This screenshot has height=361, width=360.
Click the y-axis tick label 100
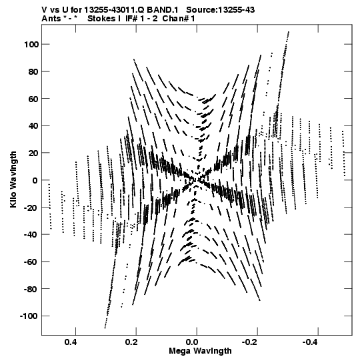(31, 44)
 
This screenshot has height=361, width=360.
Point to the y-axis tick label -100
(29, 316)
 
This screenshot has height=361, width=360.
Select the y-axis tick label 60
(33, 99)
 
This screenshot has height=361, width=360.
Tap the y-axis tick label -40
(31, 234)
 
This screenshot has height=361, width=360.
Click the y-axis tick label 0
(35, 180)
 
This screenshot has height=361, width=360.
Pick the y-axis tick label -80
(31, 289)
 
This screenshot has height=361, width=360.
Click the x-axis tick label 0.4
(71, 342)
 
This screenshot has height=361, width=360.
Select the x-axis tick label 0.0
(192, 342)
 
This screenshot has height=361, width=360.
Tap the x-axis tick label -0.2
(251, 342)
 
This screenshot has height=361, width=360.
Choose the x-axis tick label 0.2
(131, 342)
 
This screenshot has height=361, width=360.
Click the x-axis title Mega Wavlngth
(200, 351)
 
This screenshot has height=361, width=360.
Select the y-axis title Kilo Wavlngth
(13, 179)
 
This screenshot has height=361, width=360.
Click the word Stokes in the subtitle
(101, 19)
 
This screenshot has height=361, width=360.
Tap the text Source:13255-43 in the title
(221, 10)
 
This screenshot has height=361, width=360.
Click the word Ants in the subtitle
(51, 19)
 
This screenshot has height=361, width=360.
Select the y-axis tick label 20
(33, 153)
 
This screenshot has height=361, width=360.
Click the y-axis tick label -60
(31, 262)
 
